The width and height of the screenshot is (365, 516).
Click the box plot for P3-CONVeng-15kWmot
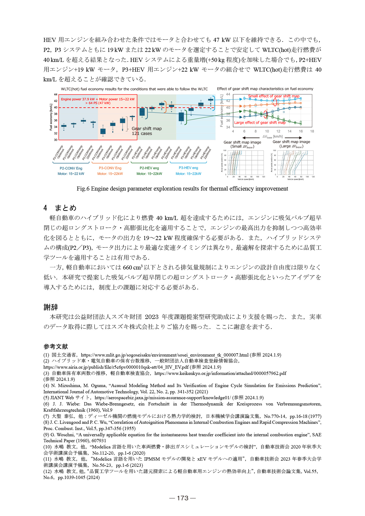pyautogui.click(x=103, y=131)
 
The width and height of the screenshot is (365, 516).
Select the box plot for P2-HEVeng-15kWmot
pyautogui.click(x=142, y=111)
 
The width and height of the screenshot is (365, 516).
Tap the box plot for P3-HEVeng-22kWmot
pyautogui.click(x=211, y=100)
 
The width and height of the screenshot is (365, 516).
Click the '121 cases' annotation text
pyautogui.click(x=142, y=134)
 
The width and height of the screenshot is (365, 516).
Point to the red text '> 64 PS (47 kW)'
pyautogui.click(x=98, y=103)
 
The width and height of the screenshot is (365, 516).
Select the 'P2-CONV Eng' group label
pyautogui.click(x=71, y=168)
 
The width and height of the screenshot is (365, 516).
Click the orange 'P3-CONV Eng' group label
pyautogui.click(x=110, y=168)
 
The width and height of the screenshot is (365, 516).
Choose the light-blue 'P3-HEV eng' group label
pyautogui.click(x=188, y=168)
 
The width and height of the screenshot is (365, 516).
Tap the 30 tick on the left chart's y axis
pyautogui.click(x=56, y=140)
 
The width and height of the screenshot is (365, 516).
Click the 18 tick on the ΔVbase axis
pyautogui.click(x=312, y=131)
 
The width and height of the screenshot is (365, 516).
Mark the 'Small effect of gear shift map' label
pyautogui.click(x=274, y=96)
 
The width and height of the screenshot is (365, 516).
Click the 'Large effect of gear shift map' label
pyautogui.click(x=260, y=122)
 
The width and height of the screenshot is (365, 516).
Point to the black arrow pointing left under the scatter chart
pyautogui.click(x=251, y=138)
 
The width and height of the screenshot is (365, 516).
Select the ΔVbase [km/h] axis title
pyautogui.click(x=272, y=137)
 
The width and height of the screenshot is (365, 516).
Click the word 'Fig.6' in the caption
pyautogui.click(x=83, y=189)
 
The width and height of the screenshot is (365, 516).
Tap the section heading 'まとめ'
pyautogui.click(x=66, y=208)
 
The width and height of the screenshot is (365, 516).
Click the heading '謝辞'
pyautogui.click(x=51, y=307)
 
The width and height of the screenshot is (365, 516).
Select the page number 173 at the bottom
pyautogui.click(x=182, y=498)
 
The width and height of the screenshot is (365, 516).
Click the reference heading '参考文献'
pyautogui.click(x=56, y=347)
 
